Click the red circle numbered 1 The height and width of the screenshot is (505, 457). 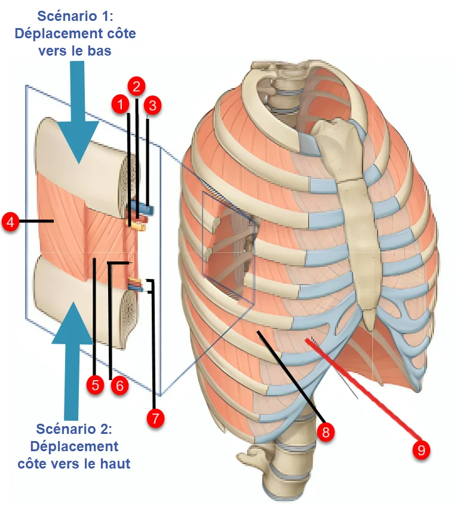tap(121, 105)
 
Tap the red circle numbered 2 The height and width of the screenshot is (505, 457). tap(137, 86)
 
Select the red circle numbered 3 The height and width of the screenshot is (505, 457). tap(153, 106)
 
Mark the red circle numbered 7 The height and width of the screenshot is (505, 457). tap(155, 418)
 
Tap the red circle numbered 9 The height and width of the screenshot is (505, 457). tap(422, 450)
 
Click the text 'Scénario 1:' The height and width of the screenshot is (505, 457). tap(75, 16)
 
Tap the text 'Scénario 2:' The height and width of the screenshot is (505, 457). tap(74, 429)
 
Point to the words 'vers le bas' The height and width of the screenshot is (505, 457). tap(75, 51)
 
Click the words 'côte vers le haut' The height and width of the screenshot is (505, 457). tap(74, 463)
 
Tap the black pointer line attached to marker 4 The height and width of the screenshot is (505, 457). tap(36, 222)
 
